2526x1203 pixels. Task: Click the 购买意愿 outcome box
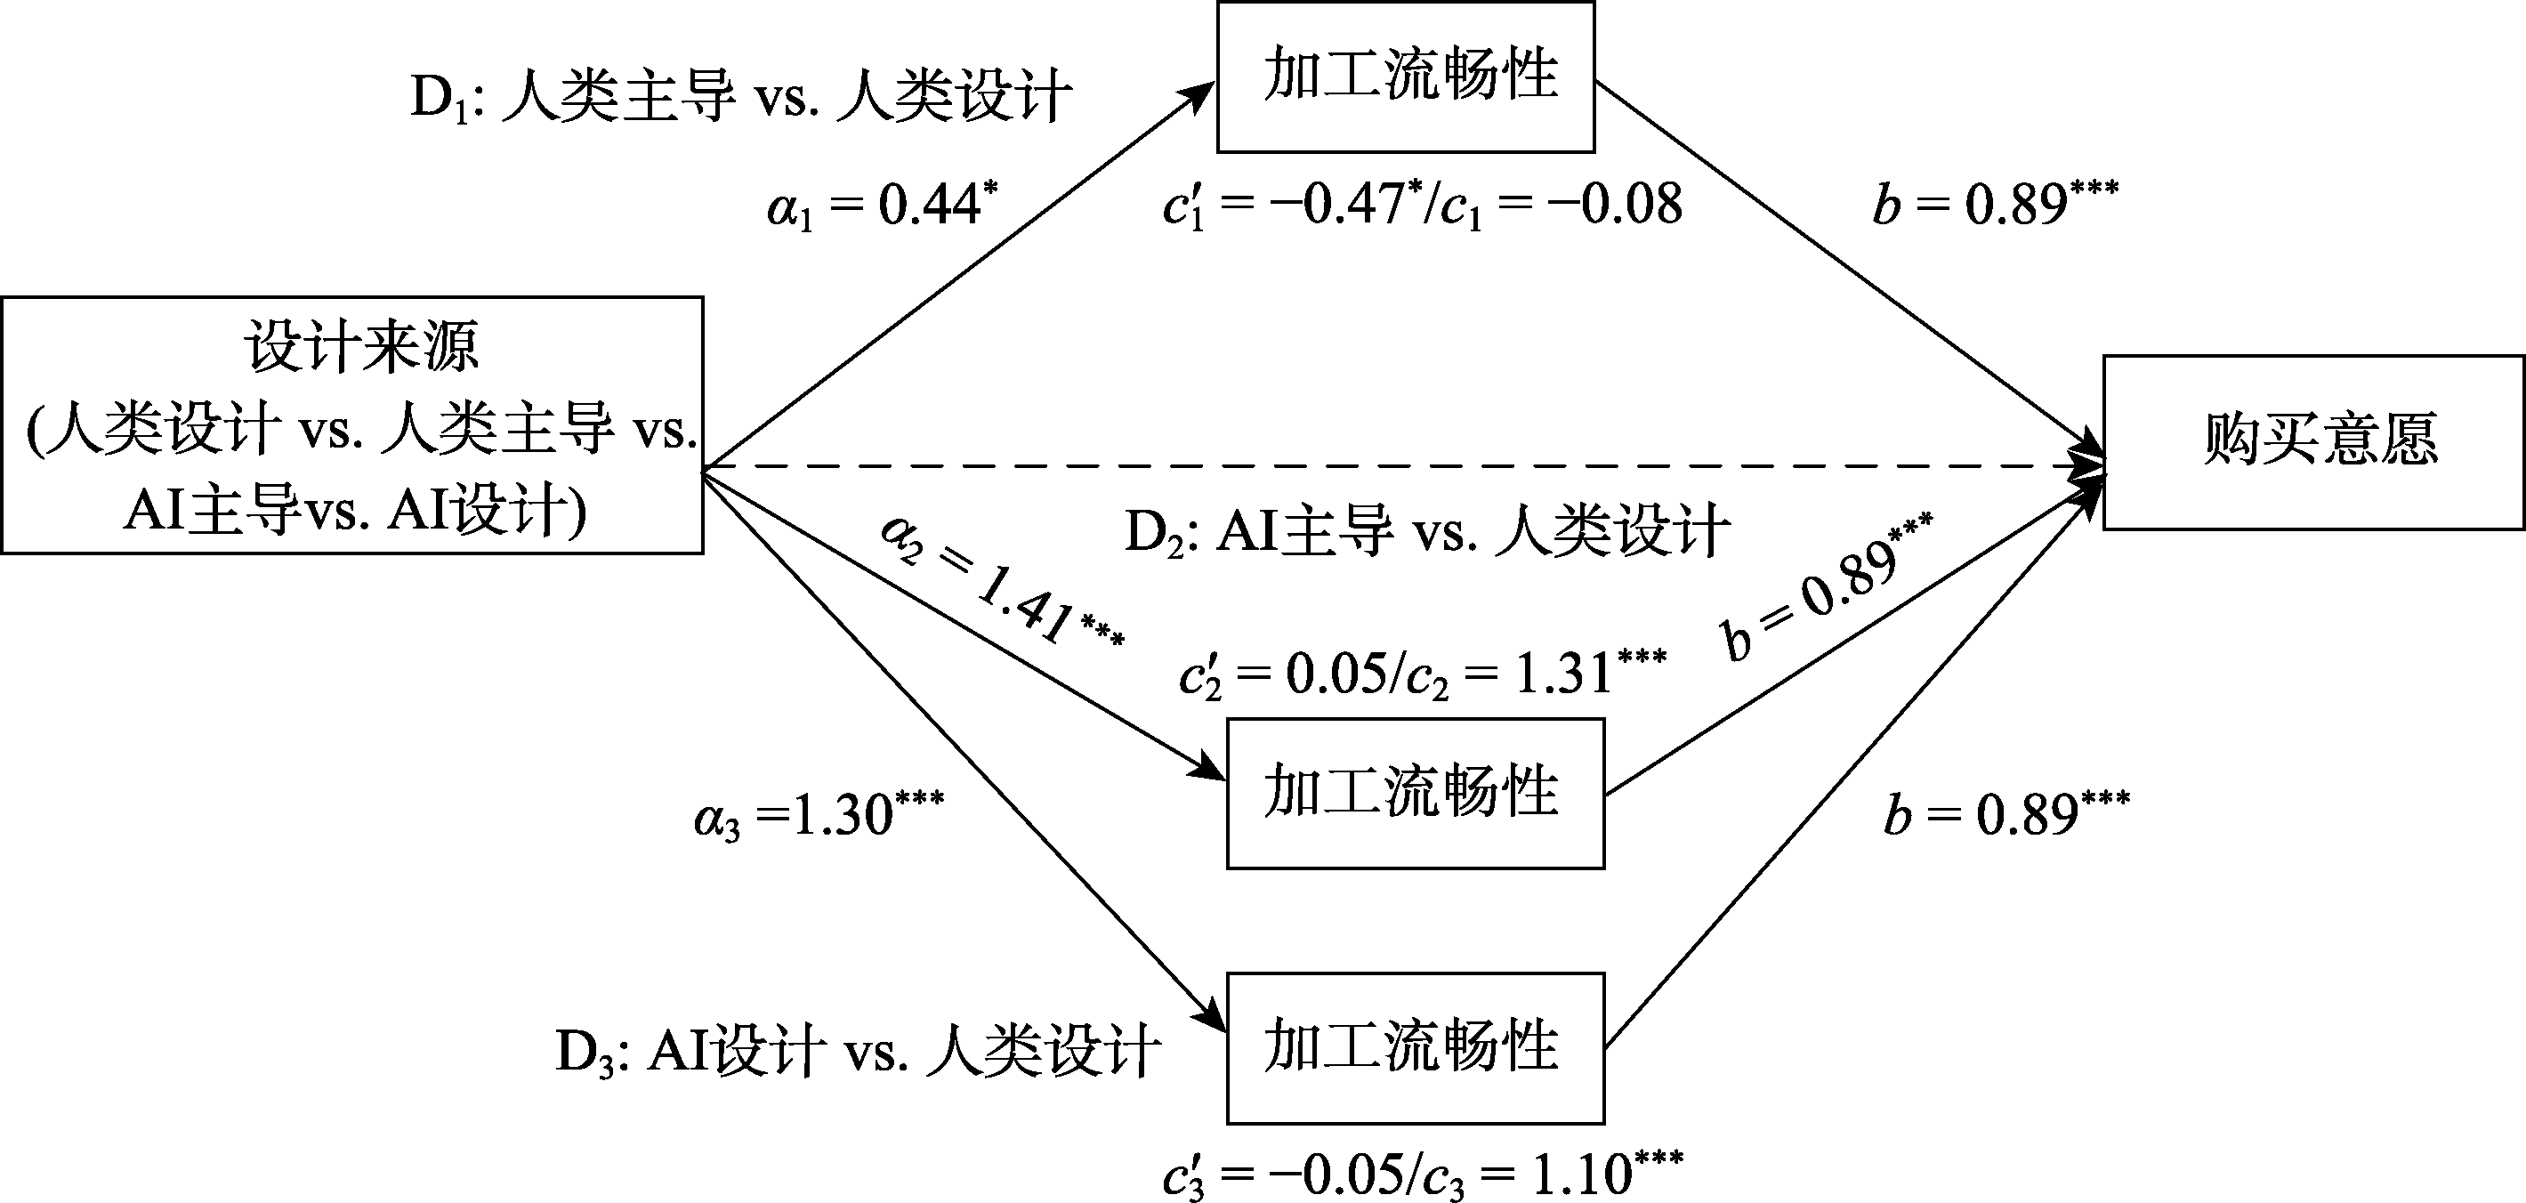click(x=2312, y=442)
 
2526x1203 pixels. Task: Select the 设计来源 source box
click(x=352, y=425)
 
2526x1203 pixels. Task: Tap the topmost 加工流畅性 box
click(x=1405, y=77)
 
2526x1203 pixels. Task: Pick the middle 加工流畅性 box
click(x=1415, y=793)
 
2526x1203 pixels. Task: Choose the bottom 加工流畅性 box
click(x=1415, y=1047)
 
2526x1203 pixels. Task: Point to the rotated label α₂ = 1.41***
click(x=1001, y=583)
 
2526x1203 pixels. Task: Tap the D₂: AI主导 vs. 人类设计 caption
click(x=1427, y=532)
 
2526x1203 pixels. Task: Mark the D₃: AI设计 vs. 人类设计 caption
click(x=858, y=1052)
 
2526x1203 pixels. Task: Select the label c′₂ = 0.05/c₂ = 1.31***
click(x=1422, y=675)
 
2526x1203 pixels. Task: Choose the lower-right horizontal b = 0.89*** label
click(x=2006, y=815)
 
